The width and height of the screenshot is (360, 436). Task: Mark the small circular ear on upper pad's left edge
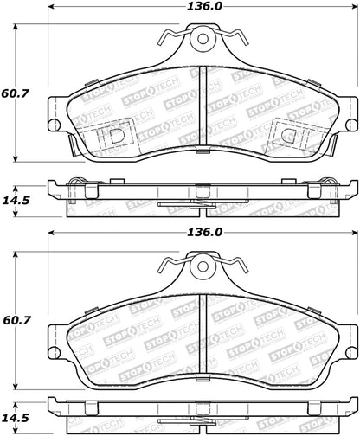click(x=54, y=124)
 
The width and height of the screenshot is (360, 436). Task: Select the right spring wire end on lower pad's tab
click(x=240, y=260)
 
